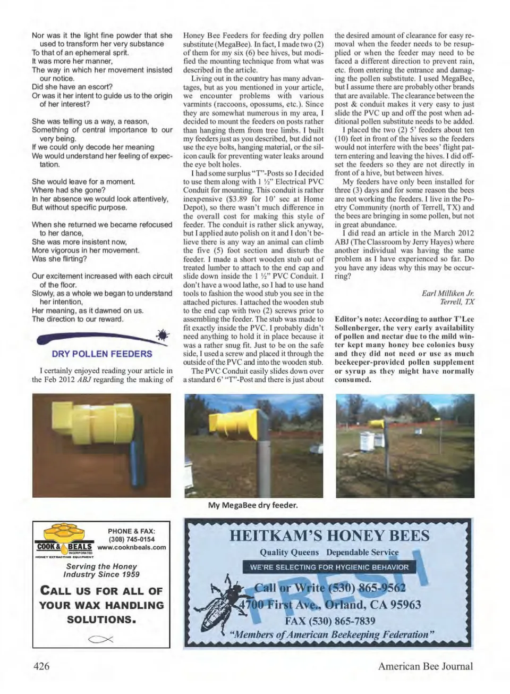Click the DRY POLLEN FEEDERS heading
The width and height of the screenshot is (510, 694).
(102, 354)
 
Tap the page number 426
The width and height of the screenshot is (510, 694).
(41, 666)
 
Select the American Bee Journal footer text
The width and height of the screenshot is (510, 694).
(425, 666)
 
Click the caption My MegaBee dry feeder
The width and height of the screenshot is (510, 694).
(253, 505)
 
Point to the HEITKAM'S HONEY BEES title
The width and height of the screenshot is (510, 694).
(329, 535)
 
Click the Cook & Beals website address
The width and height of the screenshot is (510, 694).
(132, 547)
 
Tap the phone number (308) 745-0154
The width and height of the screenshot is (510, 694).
(132, 539)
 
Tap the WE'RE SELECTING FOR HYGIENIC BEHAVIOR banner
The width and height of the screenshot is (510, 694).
(329, 567)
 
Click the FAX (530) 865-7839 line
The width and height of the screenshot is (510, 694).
(329, 621)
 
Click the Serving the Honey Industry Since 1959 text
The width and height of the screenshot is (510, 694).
(101, 570)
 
